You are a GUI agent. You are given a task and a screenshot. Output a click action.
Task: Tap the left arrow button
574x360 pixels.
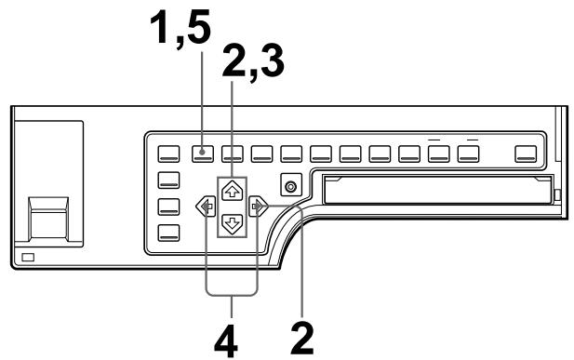(202, 207)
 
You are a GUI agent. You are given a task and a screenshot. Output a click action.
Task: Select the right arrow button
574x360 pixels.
(261, 207)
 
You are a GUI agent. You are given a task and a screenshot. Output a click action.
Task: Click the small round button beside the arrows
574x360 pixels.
(292, 187)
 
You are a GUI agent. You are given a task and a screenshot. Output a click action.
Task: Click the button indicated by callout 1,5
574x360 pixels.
(203, 153)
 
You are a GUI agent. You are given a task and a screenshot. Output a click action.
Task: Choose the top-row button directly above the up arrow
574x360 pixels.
(233, 153)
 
